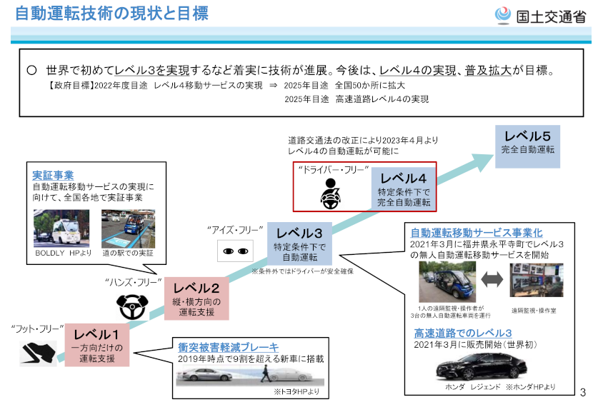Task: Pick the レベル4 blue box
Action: [x=404, y=189]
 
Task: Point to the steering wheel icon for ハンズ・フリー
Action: [x=131, y=306]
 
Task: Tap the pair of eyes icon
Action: [x=236, y=251]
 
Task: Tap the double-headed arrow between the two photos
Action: [x=492, y=281]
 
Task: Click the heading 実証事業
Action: [x=53, y=175]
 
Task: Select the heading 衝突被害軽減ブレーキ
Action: [x=228, y=347]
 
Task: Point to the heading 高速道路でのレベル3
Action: [x=462, y=333]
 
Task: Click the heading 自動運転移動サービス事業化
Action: [x=477, y=233]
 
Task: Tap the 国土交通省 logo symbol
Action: [x=503, y=14]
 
